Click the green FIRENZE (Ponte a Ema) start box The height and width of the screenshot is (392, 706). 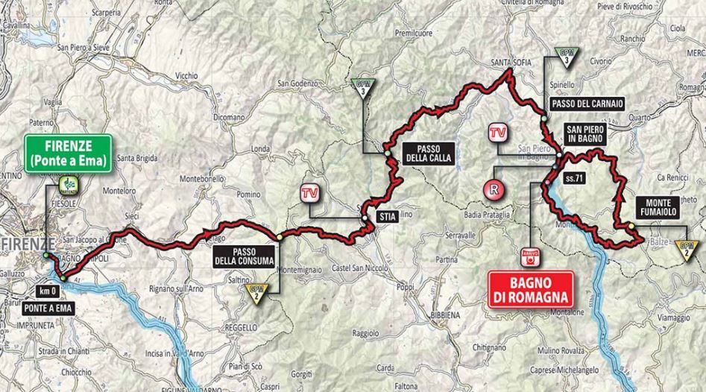click(x=67, y=152)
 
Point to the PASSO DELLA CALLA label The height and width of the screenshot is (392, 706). click(x=422, y=152)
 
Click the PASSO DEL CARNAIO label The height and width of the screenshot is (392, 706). click(x=587, y=103)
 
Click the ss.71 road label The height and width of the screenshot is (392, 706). click(x=573, y=179)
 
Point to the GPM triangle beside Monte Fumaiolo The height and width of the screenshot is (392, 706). click(x=687, y=247)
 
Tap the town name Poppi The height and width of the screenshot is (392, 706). click(x=405, y=287)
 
